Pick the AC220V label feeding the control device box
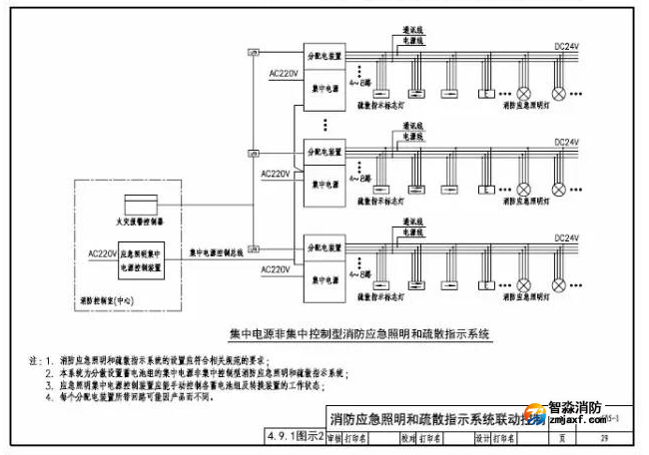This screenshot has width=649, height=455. pos(103,253)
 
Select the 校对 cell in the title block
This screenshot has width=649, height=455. pos(407,437)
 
